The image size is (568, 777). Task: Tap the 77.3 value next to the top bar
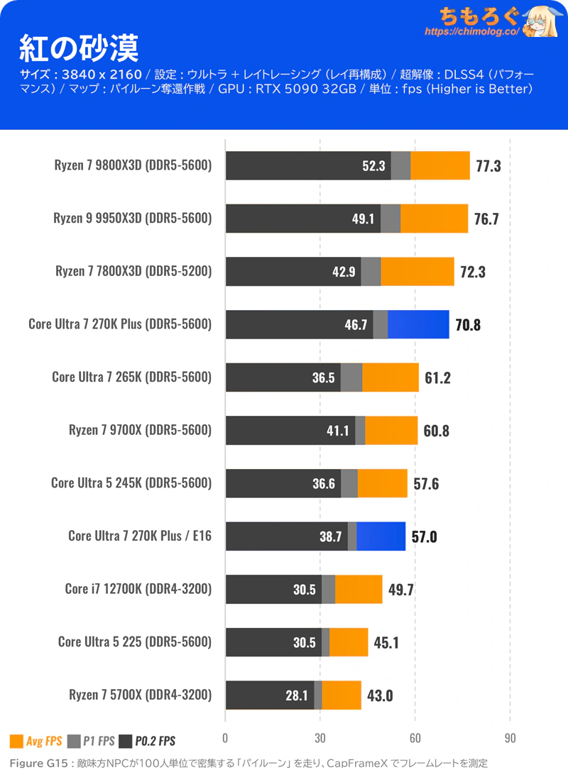pos(488,166)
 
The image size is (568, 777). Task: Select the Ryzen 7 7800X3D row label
pos(133,271)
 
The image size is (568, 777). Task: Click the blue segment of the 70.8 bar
pos(418,324)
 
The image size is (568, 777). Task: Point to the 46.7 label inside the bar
pos(355,325)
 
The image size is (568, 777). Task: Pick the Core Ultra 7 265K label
pos(131,377)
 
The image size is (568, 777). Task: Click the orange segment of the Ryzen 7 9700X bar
pos(391,430)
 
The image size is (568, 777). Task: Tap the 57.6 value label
pos(426,484)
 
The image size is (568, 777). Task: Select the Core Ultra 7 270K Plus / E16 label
pos(140,536)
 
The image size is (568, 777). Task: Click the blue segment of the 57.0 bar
pos(381,536)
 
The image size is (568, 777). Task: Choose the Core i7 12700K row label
pos(138,588)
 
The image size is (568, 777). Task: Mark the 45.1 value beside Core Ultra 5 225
pos(386,642)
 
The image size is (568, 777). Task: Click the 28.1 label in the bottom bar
pos(297,695)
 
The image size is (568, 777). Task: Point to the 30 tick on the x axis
pos(320,737)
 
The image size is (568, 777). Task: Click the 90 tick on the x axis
pos(510,737)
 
